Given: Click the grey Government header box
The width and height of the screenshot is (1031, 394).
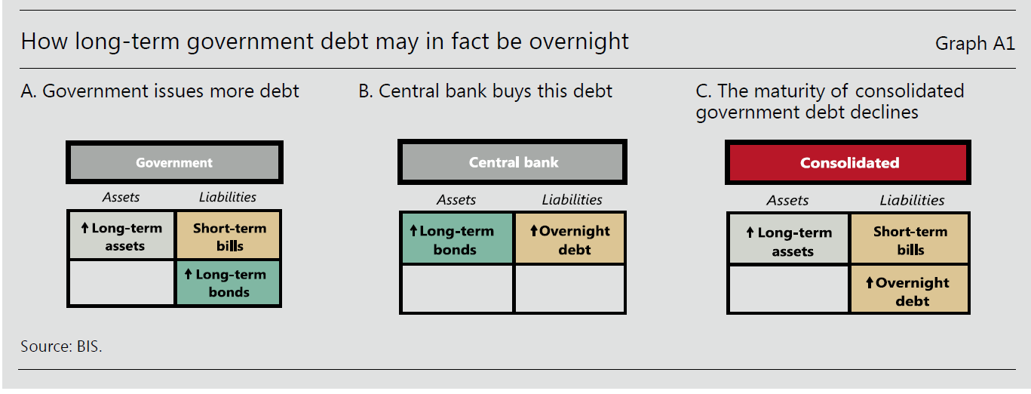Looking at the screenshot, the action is [x=174, y=162].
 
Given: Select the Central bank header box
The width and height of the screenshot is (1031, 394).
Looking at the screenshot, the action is [x=512, y=162].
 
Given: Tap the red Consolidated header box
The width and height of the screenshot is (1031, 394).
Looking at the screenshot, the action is [x=848, y=163].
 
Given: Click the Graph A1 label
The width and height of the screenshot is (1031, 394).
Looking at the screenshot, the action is [x=975, y=43].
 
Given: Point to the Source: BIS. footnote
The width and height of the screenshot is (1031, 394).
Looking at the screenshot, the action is [x=61, y=346].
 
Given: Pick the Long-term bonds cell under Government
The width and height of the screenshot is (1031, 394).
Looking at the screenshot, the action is [x=229, y=283].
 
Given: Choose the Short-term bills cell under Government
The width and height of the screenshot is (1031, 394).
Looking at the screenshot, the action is [x=229, y=235].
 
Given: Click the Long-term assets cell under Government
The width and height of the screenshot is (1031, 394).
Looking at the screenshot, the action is [x=121, y=235].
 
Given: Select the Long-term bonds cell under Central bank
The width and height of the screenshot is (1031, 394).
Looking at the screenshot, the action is [x=456, y=239].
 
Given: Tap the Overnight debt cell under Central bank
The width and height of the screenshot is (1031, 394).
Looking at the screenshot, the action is [x=570, y=239].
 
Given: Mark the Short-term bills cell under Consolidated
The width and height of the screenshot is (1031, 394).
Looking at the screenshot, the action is [x=909, y=239].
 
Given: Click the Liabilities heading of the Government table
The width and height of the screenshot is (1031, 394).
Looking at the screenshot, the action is [x=227, y=197].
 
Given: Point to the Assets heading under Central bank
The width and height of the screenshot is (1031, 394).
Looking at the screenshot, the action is [x=456, y=200].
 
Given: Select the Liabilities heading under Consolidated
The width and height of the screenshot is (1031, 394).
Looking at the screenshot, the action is [x=912, y=201].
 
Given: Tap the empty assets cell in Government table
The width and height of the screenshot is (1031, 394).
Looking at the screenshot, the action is [x=121, y=282].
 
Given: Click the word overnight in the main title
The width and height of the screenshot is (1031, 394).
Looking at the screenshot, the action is [x=578, y=42].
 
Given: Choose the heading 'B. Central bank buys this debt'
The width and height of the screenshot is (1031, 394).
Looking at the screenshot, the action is [x=485, y=91].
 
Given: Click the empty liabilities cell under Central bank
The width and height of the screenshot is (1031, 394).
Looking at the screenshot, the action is [x=570, y=288].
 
